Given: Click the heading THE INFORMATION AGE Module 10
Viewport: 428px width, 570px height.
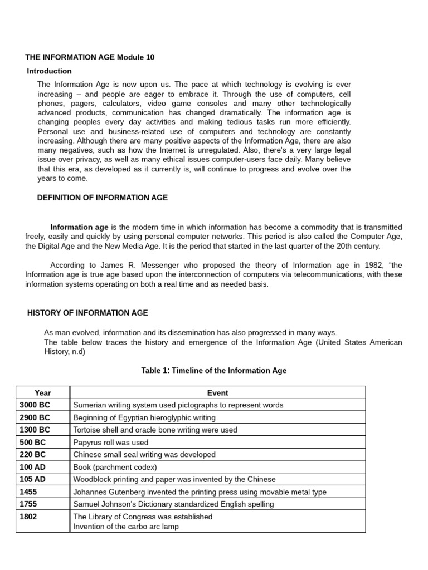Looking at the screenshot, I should [90, 57].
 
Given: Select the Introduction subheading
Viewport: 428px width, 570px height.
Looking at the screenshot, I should [50, 71].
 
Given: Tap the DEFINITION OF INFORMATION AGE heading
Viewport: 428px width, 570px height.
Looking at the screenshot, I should [102, 198].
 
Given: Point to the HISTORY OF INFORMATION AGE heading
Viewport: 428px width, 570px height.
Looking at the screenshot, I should [87, 313].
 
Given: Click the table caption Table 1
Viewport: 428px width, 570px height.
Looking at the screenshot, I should [214, 370].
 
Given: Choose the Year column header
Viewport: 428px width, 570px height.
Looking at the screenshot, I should [42, 392].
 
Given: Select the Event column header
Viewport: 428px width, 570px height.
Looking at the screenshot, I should [217, 392].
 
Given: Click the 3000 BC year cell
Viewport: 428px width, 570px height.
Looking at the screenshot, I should [35, 405].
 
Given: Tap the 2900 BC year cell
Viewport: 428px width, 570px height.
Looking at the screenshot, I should [35, 417].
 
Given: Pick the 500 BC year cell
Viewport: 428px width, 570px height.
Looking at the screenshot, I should [32, 443].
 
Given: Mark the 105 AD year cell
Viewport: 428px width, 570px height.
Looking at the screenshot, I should [32, 479].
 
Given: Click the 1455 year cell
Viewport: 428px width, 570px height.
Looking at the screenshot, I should [28, 492].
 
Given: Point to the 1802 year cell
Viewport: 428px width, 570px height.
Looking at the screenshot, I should [28, 517].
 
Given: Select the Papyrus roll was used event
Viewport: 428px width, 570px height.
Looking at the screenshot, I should [111, 443].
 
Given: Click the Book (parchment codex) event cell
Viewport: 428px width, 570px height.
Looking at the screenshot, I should [115, 467].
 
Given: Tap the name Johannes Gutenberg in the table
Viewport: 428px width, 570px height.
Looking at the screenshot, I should [108, 492].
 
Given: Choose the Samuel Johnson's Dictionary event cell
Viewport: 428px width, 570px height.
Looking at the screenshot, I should [173, 504].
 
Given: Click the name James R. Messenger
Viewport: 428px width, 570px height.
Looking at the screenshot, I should [124, 265].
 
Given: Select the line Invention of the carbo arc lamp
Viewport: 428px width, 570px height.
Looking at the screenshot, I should [126, 526].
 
